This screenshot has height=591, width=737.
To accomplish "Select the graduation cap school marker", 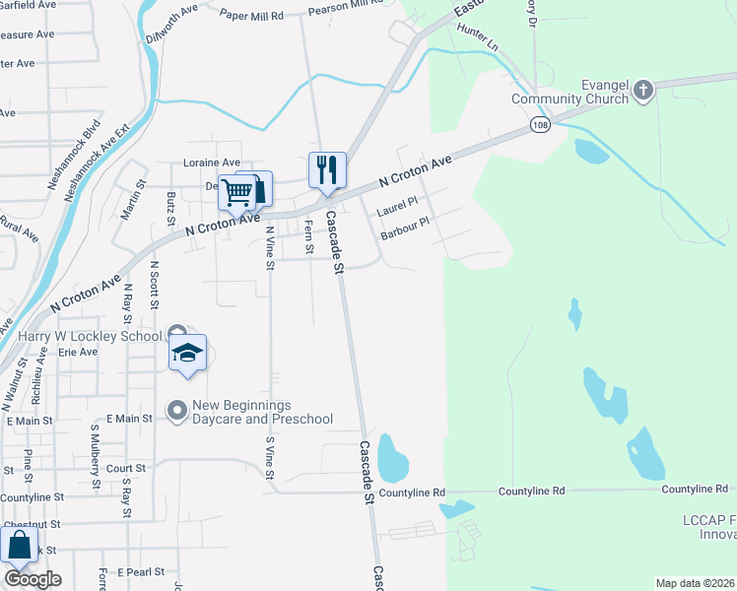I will (186, 354).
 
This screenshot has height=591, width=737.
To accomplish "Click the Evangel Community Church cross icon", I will (642, 92).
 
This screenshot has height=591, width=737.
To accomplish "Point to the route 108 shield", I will (538, 125).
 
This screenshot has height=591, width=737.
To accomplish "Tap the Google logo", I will (33, 579).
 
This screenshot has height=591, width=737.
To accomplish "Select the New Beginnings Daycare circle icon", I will (177, 408).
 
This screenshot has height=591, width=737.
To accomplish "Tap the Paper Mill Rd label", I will (251, 16).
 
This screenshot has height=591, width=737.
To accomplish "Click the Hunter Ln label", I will (478, 39).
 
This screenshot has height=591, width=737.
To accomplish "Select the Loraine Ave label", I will (212, 163).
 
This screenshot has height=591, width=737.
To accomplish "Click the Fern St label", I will (308, 236).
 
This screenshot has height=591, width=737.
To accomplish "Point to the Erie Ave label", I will (79, 351).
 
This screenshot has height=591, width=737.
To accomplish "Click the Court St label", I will (126, 469).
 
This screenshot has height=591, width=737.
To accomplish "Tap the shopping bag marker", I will (19, 544).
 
